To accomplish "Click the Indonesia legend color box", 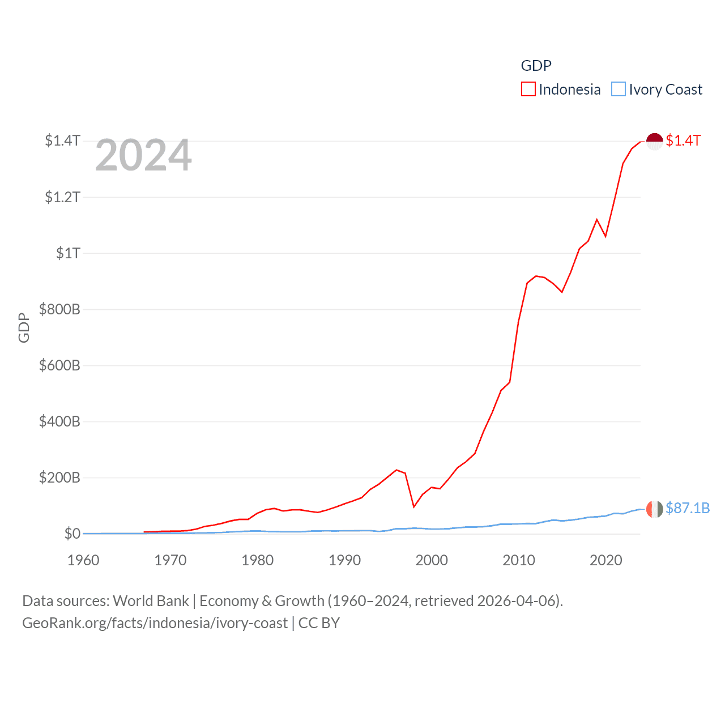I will [528, 89].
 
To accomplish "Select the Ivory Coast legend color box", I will [619, 89].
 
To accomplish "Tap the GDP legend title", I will [536, 66].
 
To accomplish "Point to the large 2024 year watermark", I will [143, 155].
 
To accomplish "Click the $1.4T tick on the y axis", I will [63, 140].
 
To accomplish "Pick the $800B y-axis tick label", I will [59, 309].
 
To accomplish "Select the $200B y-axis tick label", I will [59, 477].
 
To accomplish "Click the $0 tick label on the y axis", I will [72, 534].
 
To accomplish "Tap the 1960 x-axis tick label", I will [83, 560].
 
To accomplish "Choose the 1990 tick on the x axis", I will [344, 560].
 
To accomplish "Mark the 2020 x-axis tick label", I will [605, 560].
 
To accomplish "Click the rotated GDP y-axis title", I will [24, 327].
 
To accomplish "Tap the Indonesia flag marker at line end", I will [654, 141].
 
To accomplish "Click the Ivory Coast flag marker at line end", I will [654, 509].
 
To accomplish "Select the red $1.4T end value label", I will [683, 140].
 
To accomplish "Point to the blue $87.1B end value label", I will [688, 508].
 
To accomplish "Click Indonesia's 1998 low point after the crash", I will [414, 506].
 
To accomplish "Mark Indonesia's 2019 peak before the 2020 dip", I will [597, 220].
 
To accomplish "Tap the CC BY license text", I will [319, 623].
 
